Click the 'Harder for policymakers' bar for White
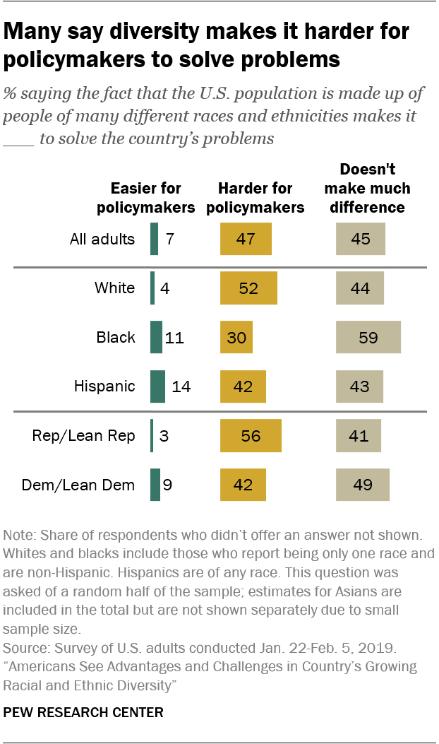pos(248,288)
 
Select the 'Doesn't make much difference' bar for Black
pos(368,337)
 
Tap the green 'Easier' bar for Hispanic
pos(157,386)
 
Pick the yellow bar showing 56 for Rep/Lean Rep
pos(251,436)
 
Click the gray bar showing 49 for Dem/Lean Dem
pos(362,485)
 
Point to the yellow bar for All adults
pos(246,238)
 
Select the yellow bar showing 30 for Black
pos(236,337)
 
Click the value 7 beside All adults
pos(169,239)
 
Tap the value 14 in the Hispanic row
pos(181,386)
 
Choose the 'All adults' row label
pos(102,239)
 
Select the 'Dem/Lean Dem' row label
pos(78,485)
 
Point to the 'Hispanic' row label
pos(104,386)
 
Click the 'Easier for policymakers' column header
pos(145,198)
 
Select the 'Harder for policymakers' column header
pos(261,198)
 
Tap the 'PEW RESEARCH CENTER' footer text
pos(83,713)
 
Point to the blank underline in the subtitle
pos(18,139)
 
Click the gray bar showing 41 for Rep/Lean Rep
pos(359,436)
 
